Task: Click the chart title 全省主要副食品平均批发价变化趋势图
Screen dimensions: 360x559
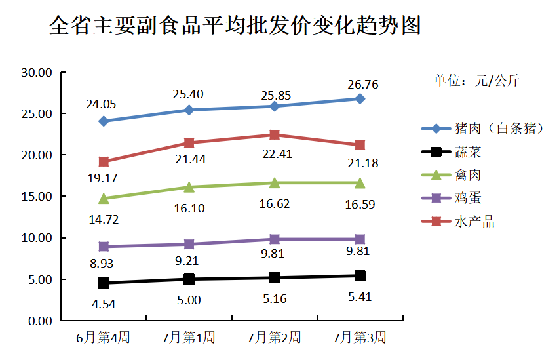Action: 235,26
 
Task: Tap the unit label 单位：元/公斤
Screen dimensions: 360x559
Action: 476,81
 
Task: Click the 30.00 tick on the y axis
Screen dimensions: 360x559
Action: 37,72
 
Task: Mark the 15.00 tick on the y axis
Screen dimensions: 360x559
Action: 37,197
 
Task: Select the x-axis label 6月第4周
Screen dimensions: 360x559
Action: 103,338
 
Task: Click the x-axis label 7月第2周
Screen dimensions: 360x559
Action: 274,338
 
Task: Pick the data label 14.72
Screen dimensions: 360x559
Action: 104,220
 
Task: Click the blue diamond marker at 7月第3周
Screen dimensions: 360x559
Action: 360,98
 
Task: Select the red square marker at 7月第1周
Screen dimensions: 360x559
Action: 189,143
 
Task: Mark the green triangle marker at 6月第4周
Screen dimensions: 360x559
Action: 104,198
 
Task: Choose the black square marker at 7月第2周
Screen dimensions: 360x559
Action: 274,277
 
